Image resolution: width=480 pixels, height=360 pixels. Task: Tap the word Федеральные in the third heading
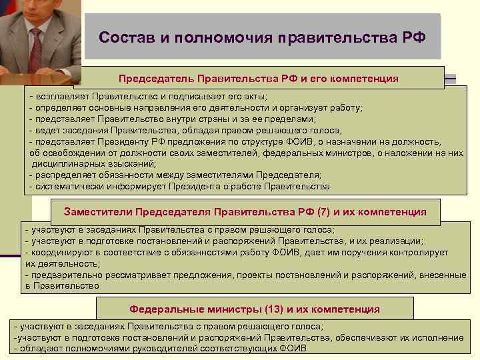click(x=163, y=309)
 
